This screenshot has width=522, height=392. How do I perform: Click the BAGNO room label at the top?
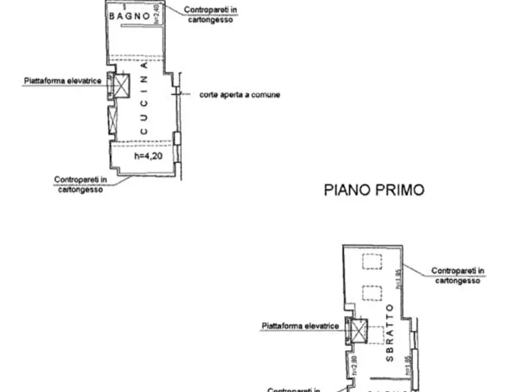click(x=129, y=16)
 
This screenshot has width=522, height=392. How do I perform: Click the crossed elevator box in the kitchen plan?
click(x=121, y=85)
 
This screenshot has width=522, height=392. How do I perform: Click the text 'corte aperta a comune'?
click(x=239, y=94)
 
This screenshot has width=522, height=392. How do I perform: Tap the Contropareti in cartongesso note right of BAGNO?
click(x=210, y=15)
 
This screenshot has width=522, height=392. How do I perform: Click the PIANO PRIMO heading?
click(x=374, y=190)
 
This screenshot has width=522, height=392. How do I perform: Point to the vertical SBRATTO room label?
click(x=390, y=332)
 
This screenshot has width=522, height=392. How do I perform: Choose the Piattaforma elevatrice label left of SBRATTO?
click(x=300, y=326)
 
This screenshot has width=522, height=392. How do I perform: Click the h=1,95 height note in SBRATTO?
click(x=397, y=278)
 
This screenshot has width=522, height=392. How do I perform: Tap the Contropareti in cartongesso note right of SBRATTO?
click(x=458, y=276)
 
